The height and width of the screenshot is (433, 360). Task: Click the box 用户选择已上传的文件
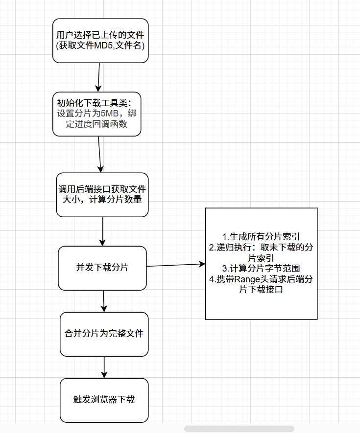click(x=100, y=41)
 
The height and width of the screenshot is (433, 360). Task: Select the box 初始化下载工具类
click(x=96, y=114)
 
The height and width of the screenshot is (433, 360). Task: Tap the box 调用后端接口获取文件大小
click(x=102, y=194)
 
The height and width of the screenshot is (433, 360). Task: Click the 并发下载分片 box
click(x=102, y=268)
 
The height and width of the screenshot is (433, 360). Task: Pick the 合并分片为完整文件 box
click(x=104, y=334)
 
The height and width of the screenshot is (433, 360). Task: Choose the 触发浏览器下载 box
click(x=104, y=400)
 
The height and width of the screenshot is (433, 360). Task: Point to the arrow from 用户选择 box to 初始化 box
click(x=99, y=77)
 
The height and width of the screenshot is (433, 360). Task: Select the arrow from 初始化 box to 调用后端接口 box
click(x=100, y=154)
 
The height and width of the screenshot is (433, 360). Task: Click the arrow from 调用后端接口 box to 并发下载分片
click(x=102, y=231)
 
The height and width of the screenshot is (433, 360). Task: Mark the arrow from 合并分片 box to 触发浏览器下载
click(x=104, y=367)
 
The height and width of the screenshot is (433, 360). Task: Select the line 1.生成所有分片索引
click(x=261, y=237)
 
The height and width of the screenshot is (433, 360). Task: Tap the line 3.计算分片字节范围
click(x=261, y=269)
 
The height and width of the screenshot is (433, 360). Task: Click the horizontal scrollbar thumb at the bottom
click(x=239, y=429)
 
